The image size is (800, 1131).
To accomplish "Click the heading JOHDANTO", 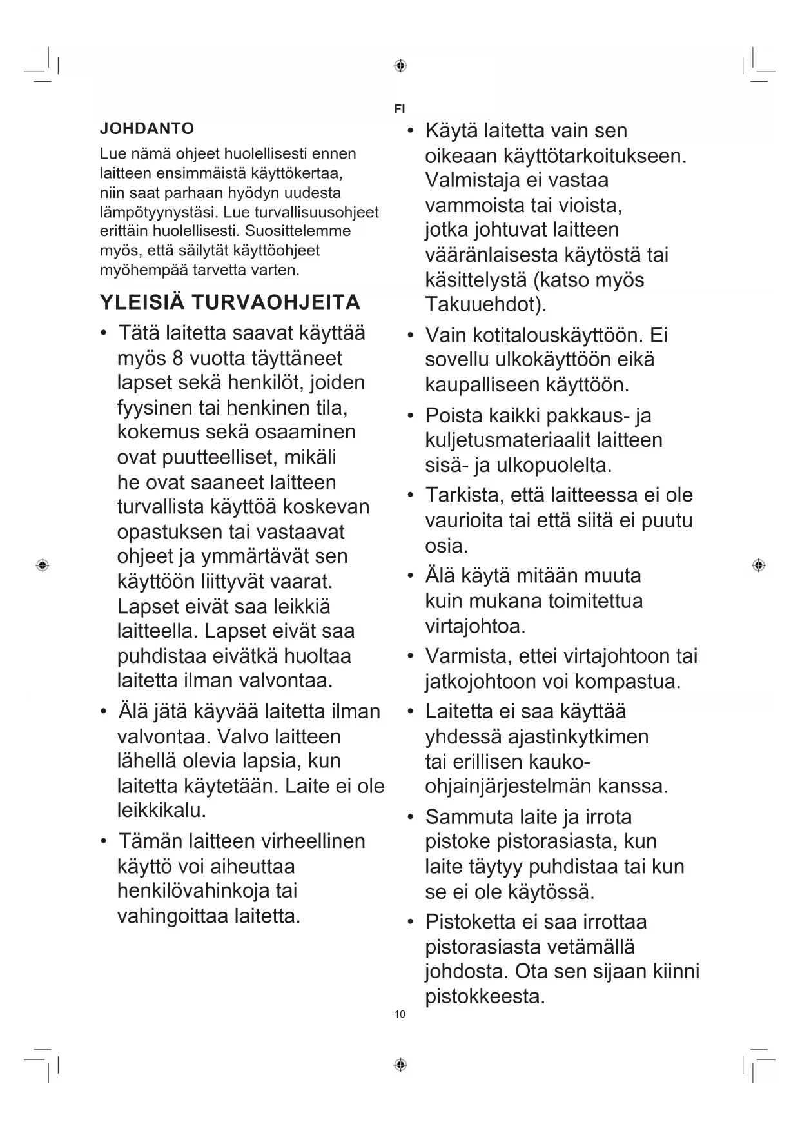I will point(146,128).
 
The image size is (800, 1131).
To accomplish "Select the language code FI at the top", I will point(400,109).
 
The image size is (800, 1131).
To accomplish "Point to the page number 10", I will point(400,1014).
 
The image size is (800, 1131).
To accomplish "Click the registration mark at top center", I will point(400,66).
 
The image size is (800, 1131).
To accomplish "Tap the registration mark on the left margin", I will point(43,565).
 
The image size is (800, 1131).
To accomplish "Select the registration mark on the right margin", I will point(759,565).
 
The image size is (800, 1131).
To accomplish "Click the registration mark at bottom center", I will point(400,1065).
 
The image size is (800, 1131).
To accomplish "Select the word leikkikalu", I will point(161,810).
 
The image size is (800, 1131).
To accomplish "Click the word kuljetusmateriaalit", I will point(507,440).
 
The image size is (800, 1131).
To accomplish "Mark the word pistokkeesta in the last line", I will point(485,996).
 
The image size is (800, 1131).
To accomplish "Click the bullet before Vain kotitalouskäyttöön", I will point(410,335).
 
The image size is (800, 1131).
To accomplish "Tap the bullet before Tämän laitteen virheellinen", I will point(103,841).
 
